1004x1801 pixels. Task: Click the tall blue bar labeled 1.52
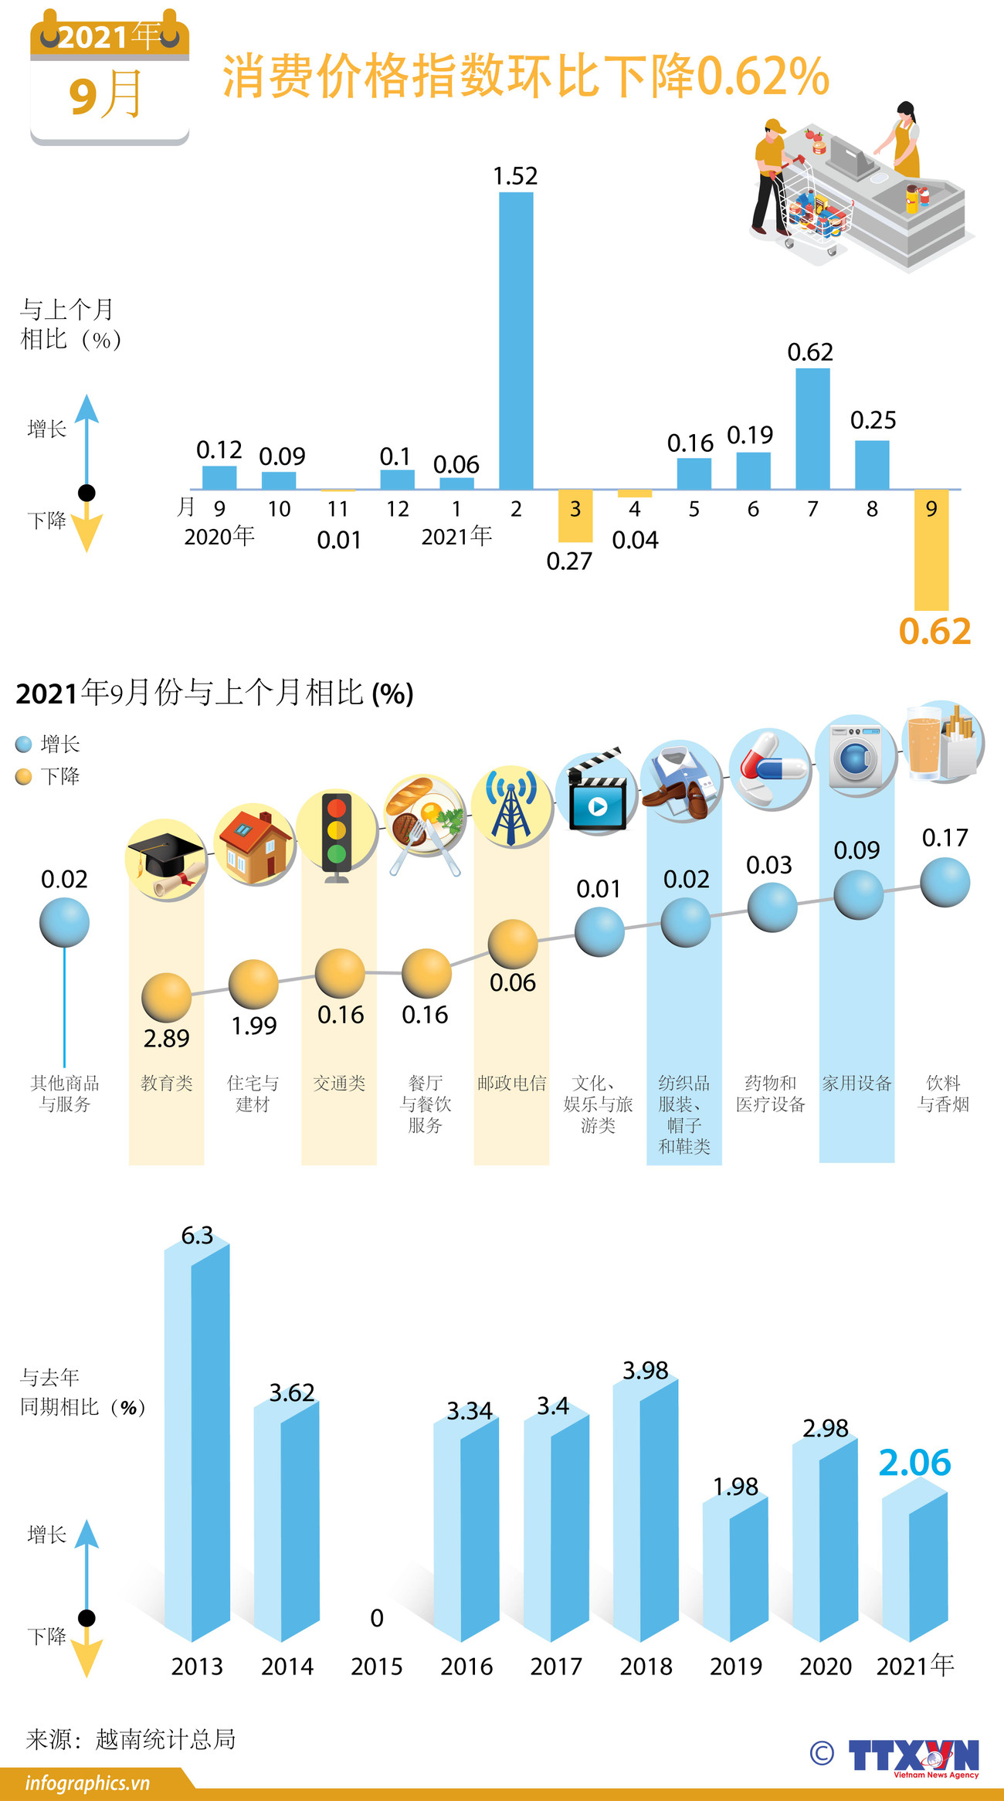click(516, 340)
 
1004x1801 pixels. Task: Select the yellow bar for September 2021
click(931, 550)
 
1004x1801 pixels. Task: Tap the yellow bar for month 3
click(575, 515)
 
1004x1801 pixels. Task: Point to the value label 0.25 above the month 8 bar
click(873, 420)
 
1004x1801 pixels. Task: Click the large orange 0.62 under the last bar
click(934, 632)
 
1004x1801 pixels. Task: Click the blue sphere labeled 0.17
click(945, 883)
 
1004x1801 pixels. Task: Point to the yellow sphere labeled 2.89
click(166, 998)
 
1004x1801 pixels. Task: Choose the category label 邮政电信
click(511, 1084)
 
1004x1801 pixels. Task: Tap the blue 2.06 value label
click(914, 1463)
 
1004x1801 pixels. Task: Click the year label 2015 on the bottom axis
click(376, 1667)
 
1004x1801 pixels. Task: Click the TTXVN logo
click(913, 1755)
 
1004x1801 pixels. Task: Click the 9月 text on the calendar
click(107, 95)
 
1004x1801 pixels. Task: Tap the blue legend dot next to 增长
click(24, 744)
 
